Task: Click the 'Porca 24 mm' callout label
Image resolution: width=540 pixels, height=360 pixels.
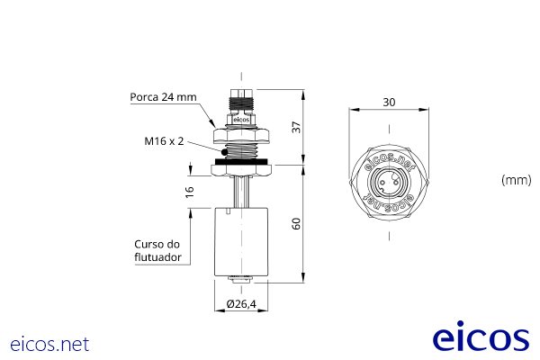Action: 163,96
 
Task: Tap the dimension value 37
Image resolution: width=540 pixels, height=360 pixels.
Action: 296,128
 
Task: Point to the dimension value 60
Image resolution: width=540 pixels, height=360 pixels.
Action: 296,224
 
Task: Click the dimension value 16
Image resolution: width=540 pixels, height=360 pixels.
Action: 190,192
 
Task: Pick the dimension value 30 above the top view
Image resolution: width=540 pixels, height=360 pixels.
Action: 389,102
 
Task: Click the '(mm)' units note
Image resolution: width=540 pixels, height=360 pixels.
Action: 516,180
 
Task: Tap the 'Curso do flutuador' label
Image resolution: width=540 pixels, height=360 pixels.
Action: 157,250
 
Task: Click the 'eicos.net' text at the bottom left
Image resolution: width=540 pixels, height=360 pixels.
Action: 49,344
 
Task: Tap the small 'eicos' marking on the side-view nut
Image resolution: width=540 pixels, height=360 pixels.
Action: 240,119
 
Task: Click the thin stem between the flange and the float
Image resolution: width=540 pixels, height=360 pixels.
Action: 240,192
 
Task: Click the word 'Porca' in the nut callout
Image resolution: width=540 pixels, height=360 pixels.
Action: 145,96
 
